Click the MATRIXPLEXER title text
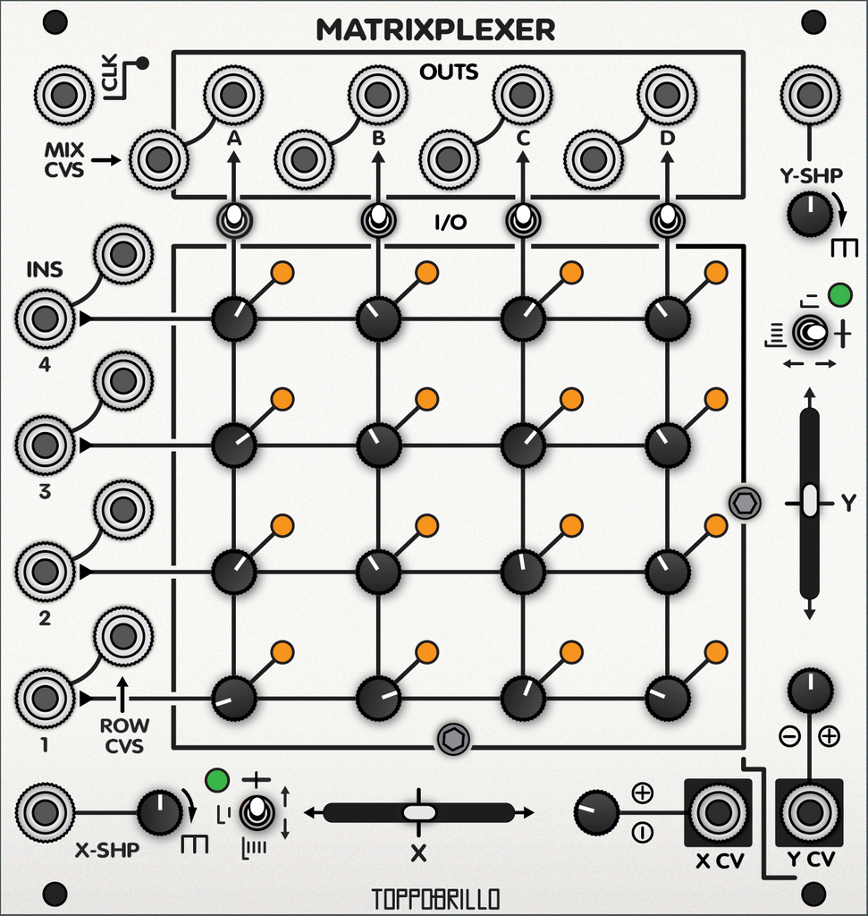[x=435, y=30]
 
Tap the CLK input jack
[x=64, y=93]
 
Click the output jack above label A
[x=232, y=93]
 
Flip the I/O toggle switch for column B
[x=378, y=217]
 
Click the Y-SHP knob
[x=811, y=215]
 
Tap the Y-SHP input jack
[x=810, y=93]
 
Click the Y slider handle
[x=810, y=501]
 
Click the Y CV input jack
[x=810, y=812]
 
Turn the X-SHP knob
[x=159, y=812]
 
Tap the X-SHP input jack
[x=46, y=812]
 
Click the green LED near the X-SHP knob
[x=215, y=779]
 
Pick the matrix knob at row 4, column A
[x=233, y=318]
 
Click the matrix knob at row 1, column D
[x=667, y=698]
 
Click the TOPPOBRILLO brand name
[x=435, y=897]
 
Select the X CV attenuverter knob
[x=597, y=812]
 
